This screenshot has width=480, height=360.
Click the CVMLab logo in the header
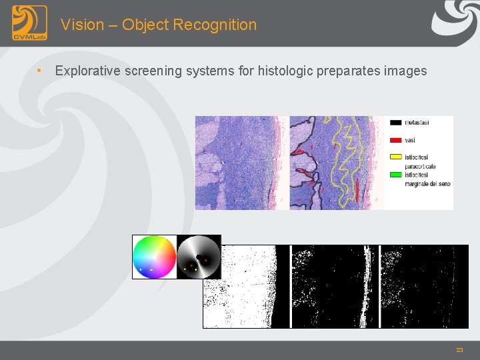[29, 23]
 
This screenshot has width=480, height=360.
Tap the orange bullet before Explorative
[41, 71]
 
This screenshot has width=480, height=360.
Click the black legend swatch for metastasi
[395, 123]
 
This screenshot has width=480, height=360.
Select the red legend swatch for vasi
[395, 140]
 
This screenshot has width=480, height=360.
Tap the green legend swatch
[395, 175]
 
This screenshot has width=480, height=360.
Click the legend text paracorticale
[420, 166]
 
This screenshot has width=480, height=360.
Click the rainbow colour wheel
[154, 257]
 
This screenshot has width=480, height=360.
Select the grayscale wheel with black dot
[199, 257]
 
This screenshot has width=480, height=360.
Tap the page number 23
[459, 350]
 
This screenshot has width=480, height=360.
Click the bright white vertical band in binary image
[366, 287]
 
